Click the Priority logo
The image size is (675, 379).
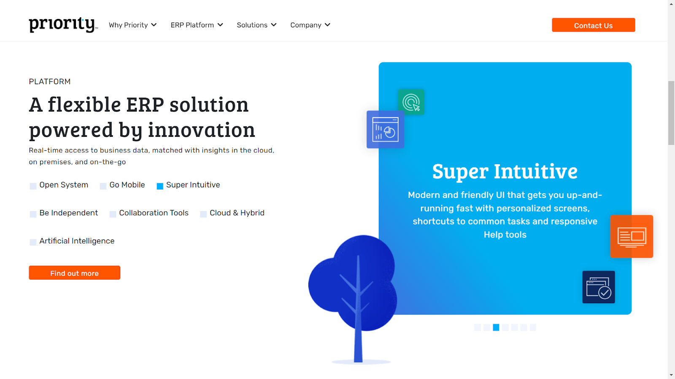(63, 25)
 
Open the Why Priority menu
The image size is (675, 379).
(132, 25)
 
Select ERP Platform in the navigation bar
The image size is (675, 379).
(197, 25)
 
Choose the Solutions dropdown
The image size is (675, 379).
(256, 25)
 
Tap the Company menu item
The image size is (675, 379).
(310, 25)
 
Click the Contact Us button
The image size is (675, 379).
(593, 25)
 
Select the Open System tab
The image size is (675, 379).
(59, 185)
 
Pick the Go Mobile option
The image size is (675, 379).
(122, 185)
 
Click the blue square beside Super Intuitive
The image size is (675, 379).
(160, 186)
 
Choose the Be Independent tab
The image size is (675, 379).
(64, 213)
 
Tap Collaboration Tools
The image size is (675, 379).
(149, 213)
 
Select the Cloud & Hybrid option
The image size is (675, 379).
(232, 213)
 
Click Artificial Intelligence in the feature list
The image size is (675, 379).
(72, 241)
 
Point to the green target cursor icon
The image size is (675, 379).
(411, 102)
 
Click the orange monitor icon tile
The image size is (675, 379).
(632, 236)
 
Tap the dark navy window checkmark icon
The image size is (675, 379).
(599, 287)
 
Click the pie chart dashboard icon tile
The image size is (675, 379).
(386, 129)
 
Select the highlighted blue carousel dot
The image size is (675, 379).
(496, 327)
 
